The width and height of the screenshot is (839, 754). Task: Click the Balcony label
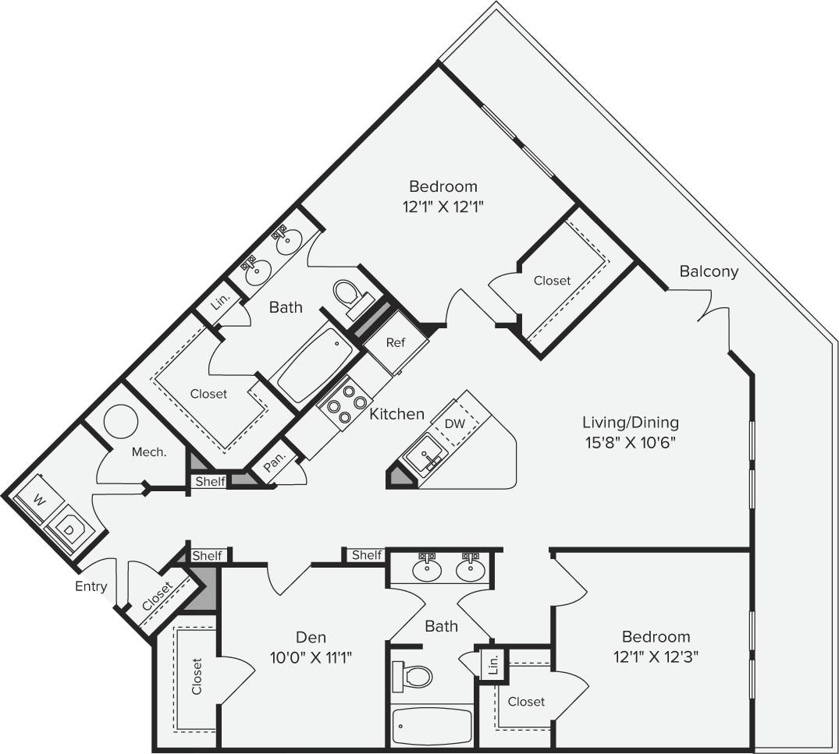click(x=708, y=271)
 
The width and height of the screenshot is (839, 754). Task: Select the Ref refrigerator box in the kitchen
click(x=396, y=342)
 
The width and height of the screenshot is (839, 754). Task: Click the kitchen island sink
click(x=421, y=455)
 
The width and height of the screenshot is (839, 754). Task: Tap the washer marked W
click(x=36, y=498)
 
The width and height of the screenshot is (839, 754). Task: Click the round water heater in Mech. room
click(x=121, y=422)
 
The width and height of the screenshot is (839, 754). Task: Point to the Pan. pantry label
click(x=274, y=465)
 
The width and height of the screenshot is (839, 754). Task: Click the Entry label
click(x=91, y=586)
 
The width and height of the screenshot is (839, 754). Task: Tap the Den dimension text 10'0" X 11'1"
click(x=311, y=657)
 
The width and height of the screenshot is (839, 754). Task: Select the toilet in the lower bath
click(x=414, y=675)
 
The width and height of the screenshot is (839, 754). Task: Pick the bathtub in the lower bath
click(x=432, y=726)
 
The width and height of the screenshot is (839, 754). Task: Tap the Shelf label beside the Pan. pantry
click(x=209, y=482)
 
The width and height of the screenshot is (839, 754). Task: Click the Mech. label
click(x=148, y=451)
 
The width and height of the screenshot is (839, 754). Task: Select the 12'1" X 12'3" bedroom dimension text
click(x=655, y=657)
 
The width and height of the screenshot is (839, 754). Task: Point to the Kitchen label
click(x=396, y=414)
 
